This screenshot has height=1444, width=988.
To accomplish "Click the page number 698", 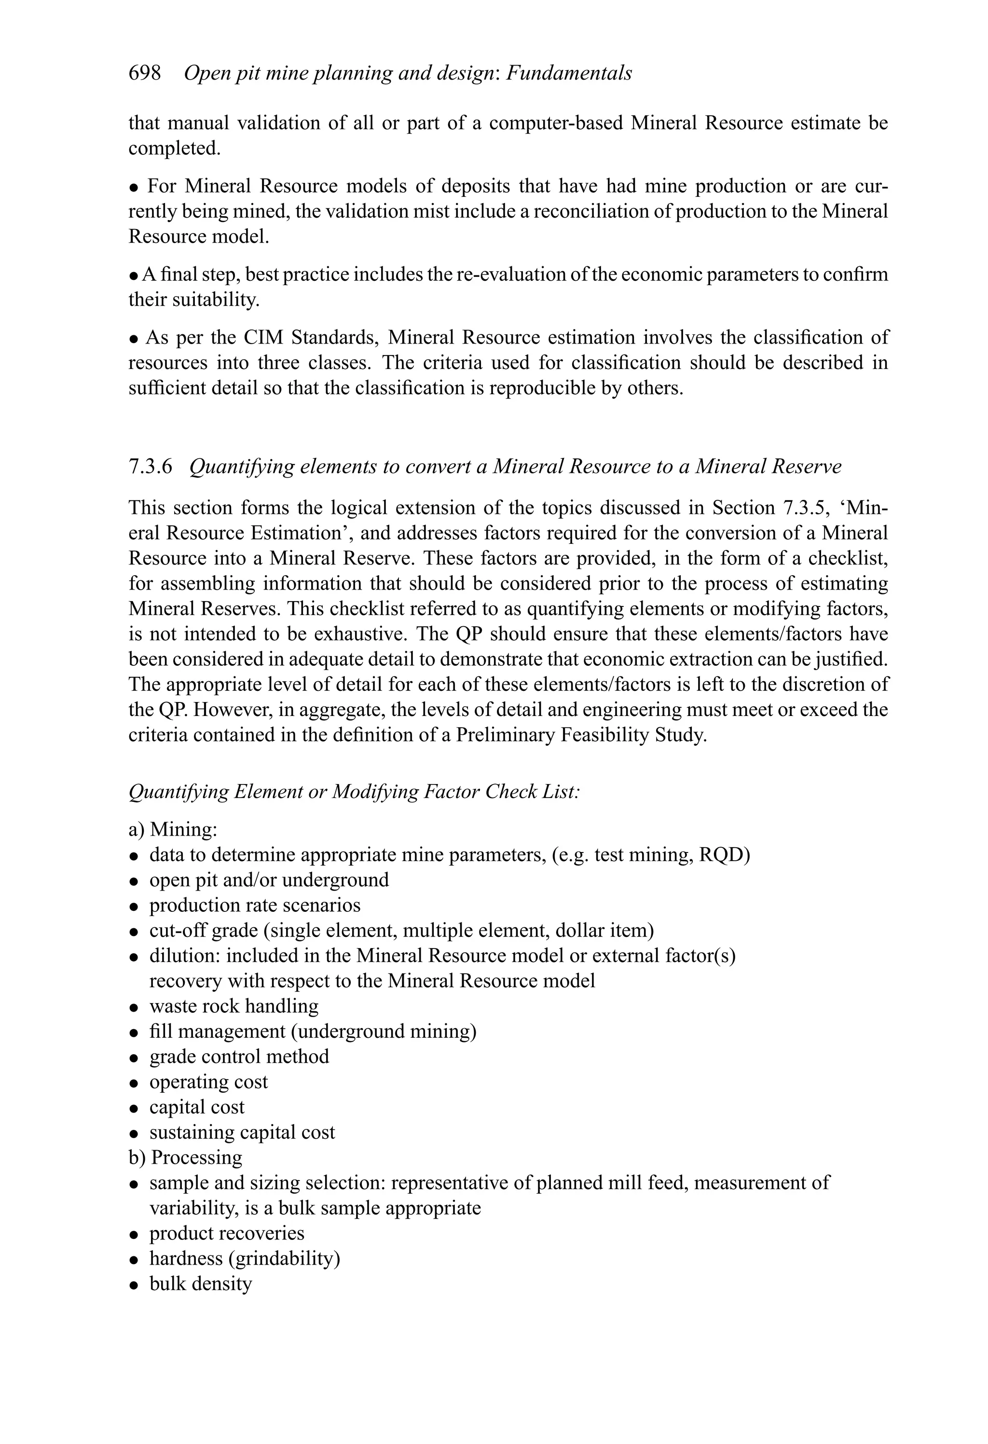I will click(144, 73).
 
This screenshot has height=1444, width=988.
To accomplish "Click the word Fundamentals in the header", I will click(569, 73).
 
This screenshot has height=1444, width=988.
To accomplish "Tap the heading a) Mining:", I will click(173, 829).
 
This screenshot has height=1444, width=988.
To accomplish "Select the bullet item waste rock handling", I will click(233, 1006).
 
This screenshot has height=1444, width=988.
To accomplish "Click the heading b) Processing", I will click(185, 1157).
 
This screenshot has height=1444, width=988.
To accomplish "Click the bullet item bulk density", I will click(200, 1284).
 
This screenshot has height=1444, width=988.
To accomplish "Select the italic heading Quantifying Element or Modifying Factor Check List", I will click(354, 792).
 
